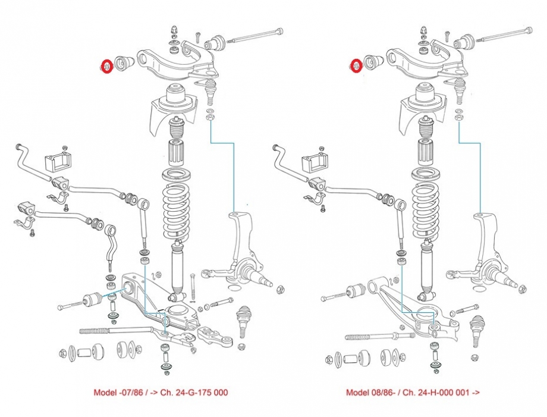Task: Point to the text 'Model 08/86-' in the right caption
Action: (x=369, y=393)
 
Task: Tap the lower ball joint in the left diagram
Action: (x=245, y=318)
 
